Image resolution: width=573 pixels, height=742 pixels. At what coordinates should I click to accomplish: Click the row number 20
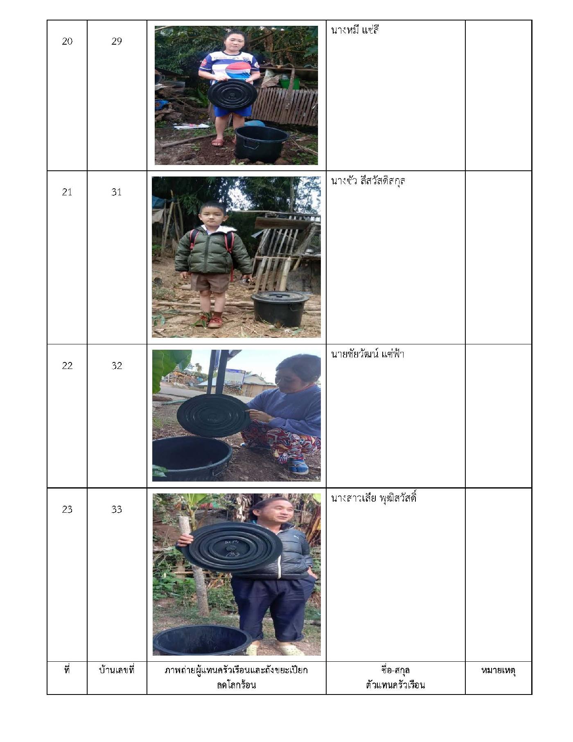point(67,41)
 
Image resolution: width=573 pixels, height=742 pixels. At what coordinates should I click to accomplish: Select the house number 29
point(117,41)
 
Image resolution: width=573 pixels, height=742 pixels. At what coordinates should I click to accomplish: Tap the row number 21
point(67,192)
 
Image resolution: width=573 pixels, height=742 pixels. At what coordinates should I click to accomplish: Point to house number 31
point(117,192)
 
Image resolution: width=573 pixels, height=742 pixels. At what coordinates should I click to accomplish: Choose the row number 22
point(67,366)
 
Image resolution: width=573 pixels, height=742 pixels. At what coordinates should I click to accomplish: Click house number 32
point(117,366)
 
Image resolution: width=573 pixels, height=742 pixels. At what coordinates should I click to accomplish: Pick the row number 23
point(67,509)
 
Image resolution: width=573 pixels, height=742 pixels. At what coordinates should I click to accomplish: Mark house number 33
point(117,509)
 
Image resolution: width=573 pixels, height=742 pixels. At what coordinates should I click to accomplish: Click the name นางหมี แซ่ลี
point(355,30)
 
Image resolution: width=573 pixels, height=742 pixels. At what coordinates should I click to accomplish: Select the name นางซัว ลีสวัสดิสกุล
point(368,181)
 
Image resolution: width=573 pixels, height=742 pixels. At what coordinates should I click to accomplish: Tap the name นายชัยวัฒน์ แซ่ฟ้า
point(368,354)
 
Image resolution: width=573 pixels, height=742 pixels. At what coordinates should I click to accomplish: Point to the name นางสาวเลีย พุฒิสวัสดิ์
point(374,498)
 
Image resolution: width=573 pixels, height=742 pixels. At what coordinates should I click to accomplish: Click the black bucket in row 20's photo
point(262,144)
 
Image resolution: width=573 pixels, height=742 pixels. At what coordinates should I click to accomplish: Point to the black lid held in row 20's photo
point(232,96)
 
